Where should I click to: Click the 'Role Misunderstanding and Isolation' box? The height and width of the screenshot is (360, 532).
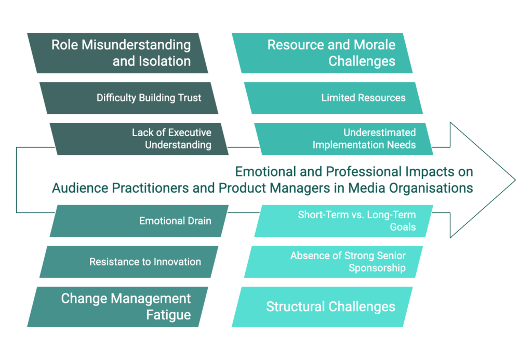(117, 53)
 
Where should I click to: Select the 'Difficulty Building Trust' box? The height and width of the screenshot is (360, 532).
(129, 98)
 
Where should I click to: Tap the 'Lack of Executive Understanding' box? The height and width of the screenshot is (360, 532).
(139, 139)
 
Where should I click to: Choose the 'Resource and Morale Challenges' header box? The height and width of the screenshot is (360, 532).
(322, 53)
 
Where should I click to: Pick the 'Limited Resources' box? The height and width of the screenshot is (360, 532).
(334, 98)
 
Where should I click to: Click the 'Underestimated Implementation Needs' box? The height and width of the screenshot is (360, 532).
(344, 139)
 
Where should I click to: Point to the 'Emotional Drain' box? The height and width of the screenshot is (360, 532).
(139, 221)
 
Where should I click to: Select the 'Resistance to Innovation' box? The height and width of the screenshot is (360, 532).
(129, 262)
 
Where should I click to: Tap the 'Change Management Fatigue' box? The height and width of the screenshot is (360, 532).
(117, 306)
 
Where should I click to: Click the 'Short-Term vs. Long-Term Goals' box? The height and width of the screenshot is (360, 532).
(344, 221)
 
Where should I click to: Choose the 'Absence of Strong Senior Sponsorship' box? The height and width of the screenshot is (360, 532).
(334, 262)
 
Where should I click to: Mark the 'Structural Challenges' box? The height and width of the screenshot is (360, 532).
(322, 306)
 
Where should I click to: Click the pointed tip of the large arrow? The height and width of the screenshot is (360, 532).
(515, 180)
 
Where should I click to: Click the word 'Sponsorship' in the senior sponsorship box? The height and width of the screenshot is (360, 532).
(377, 268)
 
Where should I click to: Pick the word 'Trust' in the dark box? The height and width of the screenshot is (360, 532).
(190, 98)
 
